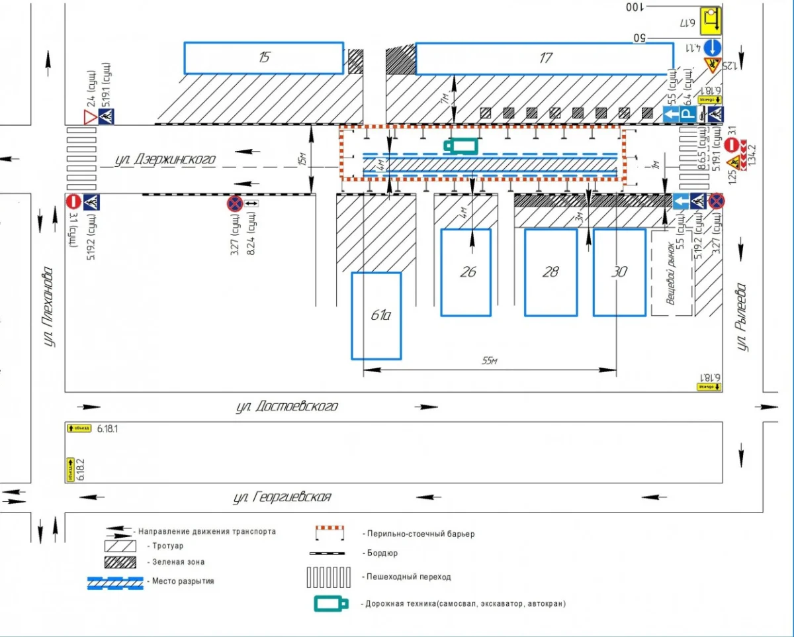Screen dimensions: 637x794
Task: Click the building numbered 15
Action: [263, 58]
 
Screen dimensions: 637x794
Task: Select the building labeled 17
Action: [545, 58]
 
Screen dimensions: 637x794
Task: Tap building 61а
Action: [376, 316]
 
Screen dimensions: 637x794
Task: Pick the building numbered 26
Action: [466, 272]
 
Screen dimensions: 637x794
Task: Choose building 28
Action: [551, 272]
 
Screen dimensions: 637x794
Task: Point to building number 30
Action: [619, 272]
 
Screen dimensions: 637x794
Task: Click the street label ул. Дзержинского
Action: [165, 160]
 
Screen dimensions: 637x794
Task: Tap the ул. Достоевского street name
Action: [287, 407]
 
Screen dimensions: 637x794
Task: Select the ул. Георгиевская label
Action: [282, 497]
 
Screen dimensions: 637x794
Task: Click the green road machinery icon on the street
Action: [461, 145]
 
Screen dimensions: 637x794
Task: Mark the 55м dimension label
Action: [490, 362]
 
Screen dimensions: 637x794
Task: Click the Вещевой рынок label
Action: [670, 271]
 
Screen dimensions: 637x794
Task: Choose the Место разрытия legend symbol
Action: [115, 583]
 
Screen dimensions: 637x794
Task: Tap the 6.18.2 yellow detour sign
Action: [69, 469]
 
